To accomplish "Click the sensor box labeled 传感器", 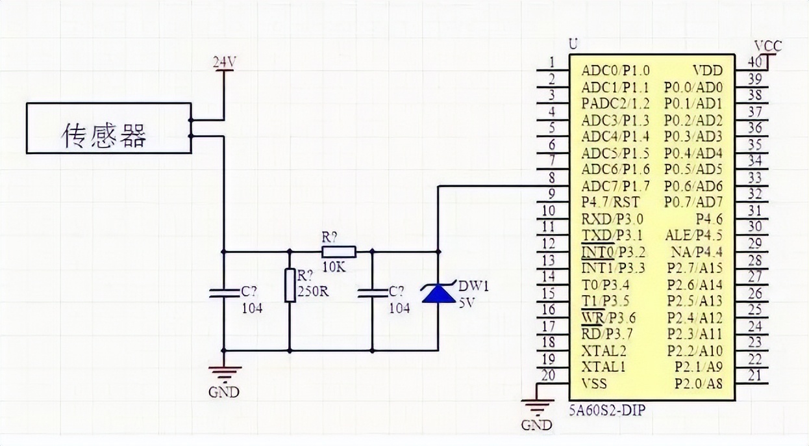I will pyautogui.click(x=108, y=128).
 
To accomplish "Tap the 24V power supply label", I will pyautogui.click(x=225, y=62).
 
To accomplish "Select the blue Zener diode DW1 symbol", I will pyautogui.click(x=439, y=294).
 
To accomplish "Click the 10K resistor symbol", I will pyautogui.click(x=338, y=252).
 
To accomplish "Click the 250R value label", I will pyautogui.click(x=313, y=291).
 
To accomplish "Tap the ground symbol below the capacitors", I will pyautogui.click(x=224, y=374).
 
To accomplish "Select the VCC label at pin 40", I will pyautogui.click(x=768, y=46).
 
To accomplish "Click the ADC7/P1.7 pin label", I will pyautogui.click(x=616, y=186).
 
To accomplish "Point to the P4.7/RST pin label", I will pyautogui.click(x=610, y=202).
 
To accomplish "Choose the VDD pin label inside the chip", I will pyautogui.click(x=707, y=70).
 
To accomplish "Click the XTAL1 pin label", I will pyautogui.click(x=604, y=367).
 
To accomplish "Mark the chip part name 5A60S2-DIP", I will pyautogui.click(x=609, y=411).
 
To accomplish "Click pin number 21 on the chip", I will pyautogui.click(x=755, y=375).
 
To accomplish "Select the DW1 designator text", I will pyautogui.click(x=473, y=285).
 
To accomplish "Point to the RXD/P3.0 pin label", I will pyautogui.click(x=612, y=218).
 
